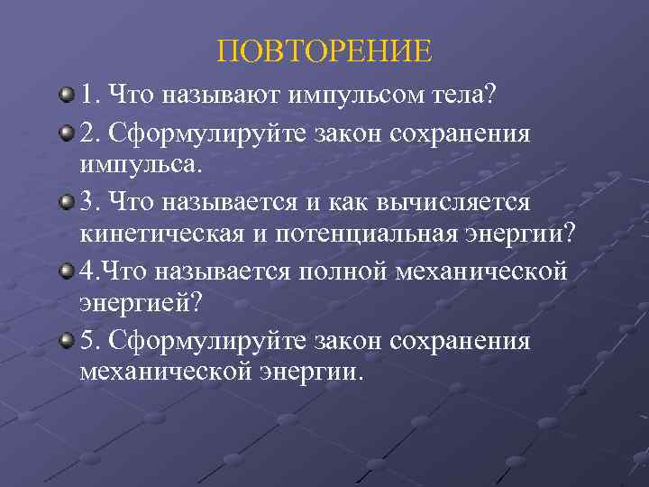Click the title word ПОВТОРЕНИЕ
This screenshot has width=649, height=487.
pos(324,50)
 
